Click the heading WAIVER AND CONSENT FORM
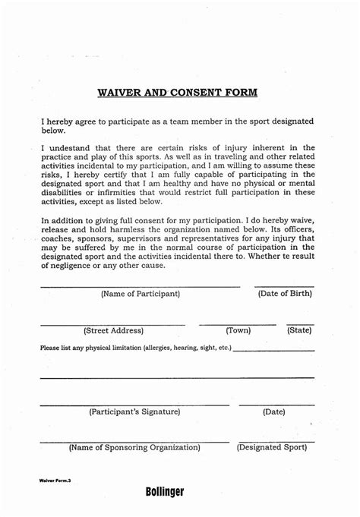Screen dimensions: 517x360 [x=178, y=93]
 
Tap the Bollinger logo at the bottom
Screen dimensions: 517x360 [x=165, y=492]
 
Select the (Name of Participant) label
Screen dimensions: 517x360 [x=140, y=293]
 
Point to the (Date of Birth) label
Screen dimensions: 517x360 [x=284, y=293]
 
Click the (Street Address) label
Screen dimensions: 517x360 [x=113, y=330]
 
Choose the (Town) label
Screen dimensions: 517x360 [x=238, y=330]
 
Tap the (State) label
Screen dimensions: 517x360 [x=299, y=330]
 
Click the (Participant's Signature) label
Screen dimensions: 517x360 [x=134, y=411]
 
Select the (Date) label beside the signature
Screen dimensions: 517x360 [x=273, y=411]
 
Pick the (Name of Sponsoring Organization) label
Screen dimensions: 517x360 [x=134, y=448]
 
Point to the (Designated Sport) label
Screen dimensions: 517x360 [x=272, y=448]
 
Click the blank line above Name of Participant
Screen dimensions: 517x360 [x=140, y=286]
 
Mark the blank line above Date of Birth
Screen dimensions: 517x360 [x=284, y=286]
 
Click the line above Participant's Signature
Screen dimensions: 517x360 [x=134, y=405]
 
